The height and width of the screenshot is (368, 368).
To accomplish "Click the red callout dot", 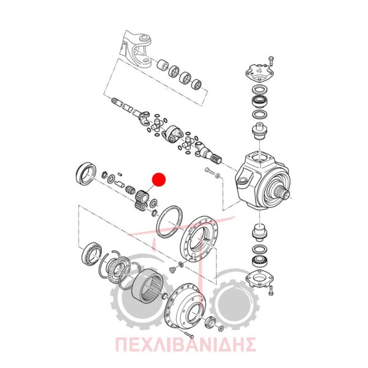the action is click(159, 180).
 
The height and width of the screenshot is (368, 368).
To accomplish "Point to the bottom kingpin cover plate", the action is click(259, 278).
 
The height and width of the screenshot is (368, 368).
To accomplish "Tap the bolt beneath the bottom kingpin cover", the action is click(271, 291).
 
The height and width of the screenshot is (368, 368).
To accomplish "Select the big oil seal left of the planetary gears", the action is click(86, 173).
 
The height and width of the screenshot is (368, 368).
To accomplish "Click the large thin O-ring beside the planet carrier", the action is click(169, 222).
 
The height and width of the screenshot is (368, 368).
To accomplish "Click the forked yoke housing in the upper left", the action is click(137, 48).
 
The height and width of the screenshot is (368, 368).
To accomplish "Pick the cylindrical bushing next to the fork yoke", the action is click(163, 65).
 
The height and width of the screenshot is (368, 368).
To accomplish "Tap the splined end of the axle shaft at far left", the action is click(117, 102).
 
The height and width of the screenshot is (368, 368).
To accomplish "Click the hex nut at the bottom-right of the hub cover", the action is click(210, 322).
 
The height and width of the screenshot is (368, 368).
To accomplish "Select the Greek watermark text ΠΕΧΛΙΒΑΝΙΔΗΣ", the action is click(185, 344).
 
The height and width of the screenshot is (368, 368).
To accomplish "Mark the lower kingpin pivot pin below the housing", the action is click(259, 232).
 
